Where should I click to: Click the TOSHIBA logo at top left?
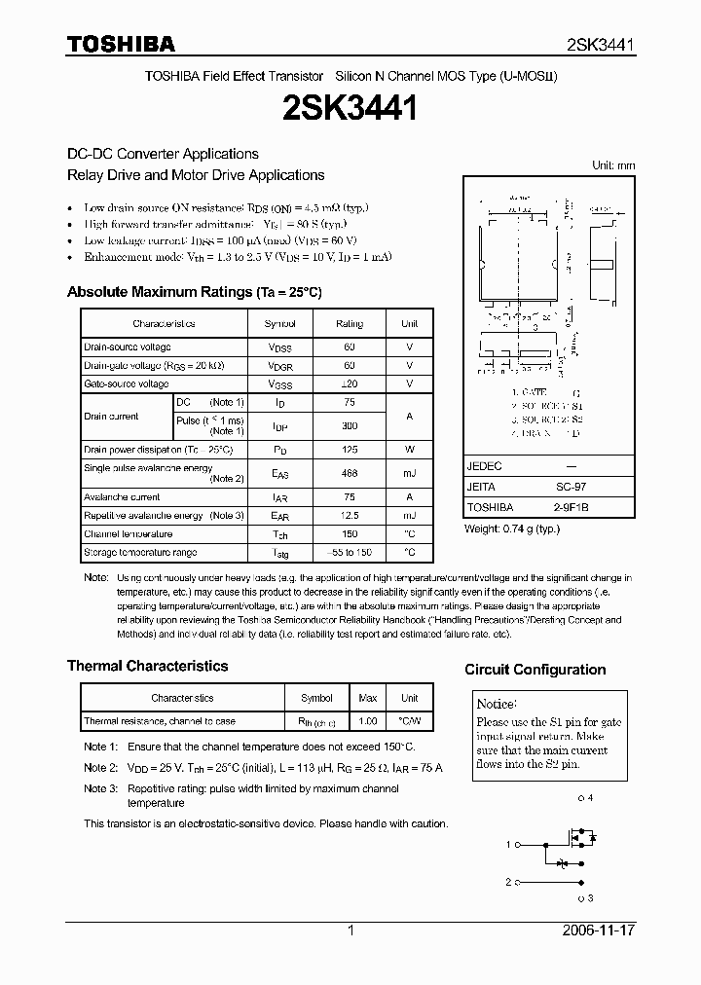(121, 44)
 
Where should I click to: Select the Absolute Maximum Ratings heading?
(194, 292)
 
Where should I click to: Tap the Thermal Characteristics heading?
(147, 666)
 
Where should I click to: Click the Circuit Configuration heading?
(535, 670)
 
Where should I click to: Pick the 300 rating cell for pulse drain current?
(350, 425)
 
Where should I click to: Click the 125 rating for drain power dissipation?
(350, 450)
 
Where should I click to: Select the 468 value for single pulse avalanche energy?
(350, 473)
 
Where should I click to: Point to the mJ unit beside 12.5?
(409, 516)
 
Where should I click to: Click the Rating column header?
(350, 323)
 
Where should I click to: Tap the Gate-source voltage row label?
(127, 384)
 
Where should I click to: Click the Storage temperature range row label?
(140, 552)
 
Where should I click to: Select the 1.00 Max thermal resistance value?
(368, 721)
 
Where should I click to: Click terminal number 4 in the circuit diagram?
(587, 798)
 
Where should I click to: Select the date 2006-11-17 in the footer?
(597, 930)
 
